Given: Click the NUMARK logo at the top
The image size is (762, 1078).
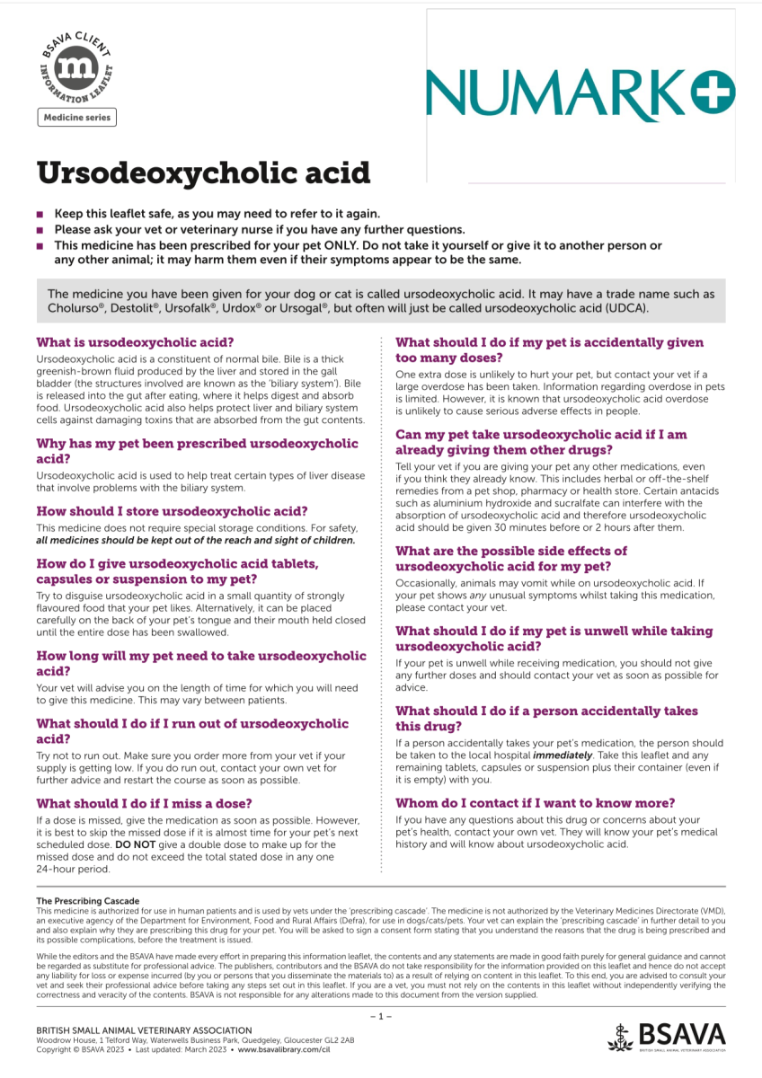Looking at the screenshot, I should point(580,88).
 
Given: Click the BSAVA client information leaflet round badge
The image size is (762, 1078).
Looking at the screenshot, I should point(76,69).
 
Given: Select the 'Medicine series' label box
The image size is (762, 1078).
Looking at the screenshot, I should point(76,118).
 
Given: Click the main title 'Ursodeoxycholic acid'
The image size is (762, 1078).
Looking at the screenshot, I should point(203,172).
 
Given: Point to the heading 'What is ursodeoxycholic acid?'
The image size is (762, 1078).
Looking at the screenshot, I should point(135,342).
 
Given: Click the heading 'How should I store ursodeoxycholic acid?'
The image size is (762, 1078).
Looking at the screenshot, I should point(172,510).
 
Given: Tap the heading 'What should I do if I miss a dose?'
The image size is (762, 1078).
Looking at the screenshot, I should point(144,803).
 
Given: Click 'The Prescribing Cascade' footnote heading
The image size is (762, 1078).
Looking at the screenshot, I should point(87,900).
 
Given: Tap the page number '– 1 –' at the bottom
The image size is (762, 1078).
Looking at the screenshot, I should point(381,1016).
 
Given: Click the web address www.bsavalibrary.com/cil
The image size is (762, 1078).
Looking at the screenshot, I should point(284,1049).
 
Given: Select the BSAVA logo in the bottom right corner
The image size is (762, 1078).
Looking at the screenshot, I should point(666,1035).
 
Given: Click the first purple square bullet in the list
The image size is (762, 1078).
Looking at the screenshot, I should point(40,214).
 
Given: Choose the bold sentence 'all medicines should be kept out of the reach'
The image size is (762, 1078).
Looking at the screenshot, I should point(196,541).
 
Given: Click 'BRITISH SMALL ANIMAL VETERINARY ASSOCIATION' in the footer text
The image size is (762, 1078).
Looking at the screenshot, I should point(144,1029).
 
